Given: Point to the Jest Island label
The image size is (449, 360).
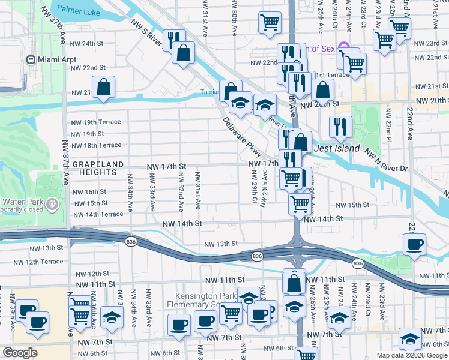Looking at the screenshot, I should point(337,148).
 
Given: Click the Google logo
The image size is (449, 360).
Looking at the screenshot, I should point(19,353).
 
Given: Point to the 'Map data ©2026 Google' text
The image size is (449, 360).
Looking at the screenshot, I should point(412,355).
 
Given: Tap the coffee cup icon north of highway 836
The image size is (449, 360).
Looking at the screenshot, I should point(414,244).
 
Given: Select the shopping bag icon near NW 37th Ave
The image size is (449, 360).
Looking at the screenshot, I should point(104,87).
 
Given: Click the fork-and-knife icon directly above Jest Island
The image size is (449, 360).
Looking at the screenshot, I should point(340,127).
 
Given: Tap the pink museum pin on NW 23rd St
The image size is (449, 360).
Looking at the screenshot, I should point(343,46).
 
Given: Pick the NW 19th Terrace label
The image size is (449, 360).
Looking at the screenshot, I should point(96,122).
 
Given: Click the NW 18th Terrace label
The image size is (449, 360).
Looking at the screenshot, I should point(96,145).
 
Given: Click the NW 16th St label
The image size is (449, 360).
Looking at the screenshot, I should point(89,192).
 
